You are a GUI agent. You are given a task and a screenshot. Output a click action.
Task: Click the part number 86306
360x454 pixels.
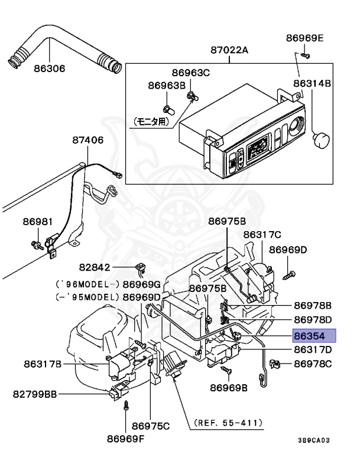(x=50, y=69)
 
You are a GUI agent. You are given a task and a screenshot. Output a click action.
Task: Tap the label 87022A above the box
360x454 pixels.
(x=229, y=50)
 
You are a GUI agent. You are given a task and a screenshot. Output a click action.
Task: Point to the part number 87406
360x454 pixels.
(x=87, y=140)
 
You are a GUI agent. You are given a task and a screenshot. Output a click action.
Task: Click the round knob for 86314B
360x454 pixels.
(x=322, y=140)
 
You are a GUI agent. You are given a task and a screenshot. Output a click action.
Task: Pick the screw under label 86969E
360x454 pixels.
(x=305, y=55)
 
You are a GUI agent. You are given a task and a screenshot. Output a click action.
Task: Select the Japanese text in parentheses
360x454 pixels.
(x=151, y=122)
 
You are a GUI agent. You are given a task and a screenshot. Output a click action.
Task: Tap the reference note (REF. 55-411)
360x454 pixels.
(x=228, y=423)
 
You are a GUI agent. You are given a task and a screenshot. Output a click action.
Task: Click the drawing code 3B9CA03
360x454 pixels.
(x=314, y=440)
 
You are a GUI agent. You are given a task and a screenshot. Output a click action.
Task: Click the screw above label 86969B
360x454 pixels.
(x=226, y=369)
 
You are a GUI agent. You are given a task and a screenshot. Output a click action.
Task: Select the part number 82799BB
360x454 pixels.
(x=35, y=394)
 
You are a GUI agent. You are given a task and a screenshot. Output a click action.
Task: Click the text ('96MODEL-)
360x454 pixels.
(x=87, y=284)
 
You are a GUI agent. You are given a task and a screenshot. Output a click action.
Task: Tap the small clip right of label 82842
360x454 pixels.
(x=141, y=268)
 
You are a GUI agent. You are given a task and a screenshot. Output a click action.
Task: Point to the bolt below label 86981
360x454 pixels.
(x=37, y=245)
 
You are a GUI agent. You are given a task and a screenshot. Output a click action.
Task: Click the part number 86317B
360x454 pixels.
(x=43, y=364)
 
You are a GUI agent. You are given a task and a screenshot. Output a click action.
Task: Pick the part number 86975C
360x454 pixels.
(x=151, y=426)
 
